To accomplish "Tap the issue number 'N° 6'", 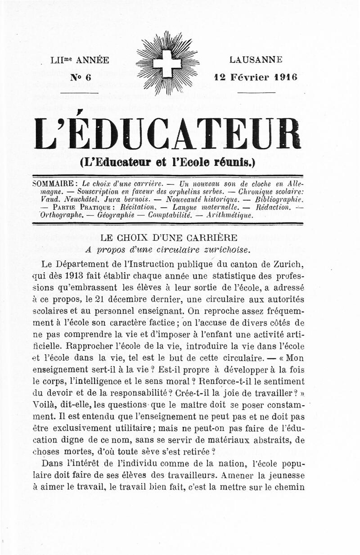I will (x=81, y=77).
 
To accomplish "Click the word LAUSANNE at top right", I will (x=256, y=59).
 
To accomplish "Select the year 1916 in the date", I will (x=284, y=76).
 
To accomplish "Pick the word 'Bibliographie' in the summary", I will (x=279, y=199).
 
